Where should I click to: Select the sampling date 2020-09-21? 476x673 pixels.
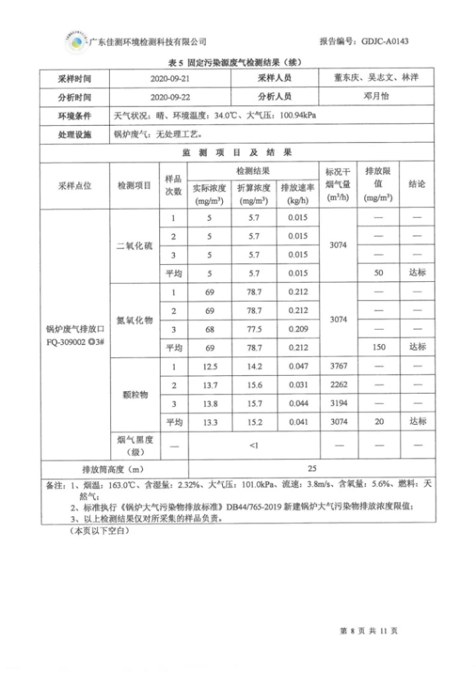(174, 78)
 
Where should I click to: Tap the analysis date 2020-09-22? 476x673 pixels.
(174, 97)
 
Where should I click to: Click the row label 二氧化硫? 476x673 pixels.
(134, 246)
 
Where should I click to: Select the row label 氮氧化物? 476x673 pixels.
(134, 320)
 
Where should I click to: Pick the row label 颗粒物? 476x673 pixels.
(135, 394)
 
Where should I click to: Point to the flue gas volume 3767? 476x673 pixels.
(338, 367)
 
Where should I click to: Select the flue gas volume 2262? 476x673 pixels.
(338, 385)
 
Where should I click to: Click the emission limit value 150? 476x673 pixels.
(378, 347)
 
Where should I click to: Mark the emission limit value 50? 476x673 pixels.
(378, 273)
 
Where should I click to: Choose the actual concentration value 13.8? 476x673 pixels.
(210, 403)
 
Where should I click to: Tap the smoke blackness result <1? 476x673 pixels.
(254, 445)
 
